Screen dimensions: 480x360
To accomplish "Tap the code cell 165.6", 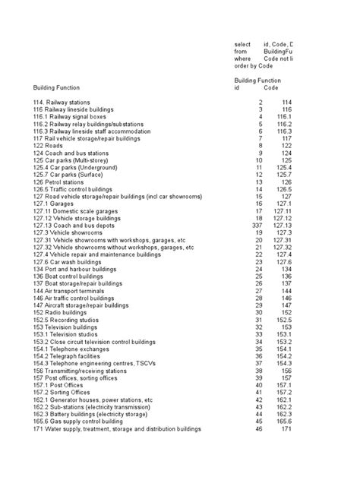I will click(283, 421).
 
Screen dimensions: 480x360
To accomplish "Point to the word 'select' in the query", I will click(242, 45).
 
